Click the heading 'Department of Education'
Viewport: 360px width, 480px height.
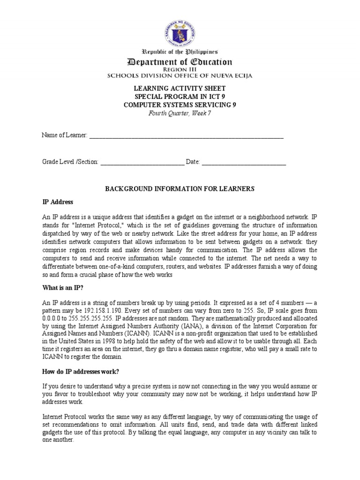coord(180,62)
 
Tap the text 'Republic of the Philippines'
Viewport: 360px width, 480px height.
coord(180,52)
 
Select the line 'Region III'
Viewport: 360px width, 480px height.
coord(180,70)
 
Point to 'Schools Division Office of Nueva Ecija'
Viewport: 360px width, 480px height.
coord(180,76)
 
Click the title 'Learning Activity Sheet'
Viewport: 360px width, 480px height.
coord(180,89)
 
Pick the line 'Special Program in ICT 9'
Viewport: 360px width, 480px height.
coord(180,97)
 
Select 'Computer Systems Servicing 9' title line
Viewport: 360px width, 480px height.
coord(180,105)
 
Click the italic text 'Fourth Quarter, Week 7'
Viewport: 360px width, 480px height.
coord(180,113)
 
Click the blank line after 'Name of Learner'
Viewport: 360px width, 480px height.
coord(186,136)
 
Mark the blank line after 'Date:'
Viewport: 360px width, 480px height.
coord(244,162)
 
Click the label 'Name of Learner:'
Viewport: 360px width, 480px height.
coord(65,135)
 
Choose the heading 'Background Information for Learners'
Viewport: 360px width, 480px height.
coord(180,188)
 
